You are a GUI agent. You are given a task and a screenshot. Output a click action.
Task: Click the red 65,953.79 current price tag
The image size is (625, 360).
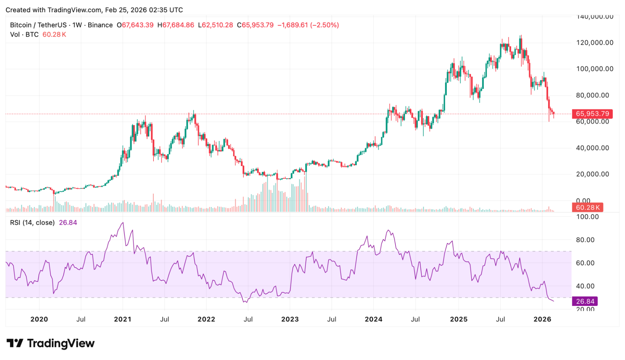[592, 114]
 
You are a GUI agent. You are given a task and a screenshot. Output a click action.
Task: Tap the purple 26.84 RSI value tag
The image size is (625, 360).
[585, 301]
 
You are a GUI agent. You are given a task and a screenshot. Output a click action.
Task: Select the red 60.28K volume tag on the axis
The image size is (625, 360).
[588, 207]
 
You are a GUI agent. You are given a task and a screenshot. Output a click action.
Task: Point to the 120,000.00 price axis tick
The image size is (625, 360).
[595, 43]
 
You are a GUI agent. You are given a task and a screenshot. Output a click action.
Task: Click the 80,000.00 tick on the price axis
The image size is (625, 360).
[592, 95]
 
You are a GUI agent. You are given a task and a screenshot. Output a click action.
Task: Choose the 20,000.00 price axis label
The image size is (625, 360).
[592, 174]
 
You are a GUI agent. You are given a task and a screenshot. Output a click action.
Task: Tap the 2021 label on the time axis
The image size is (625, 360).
[123, 319]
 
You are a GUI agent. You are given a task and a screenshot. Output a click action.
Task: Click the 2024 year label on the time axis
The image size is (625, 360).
[373, 319]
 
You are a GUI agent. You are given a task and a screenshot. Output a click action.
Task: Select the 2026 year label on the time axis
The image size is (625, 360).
[542, 319]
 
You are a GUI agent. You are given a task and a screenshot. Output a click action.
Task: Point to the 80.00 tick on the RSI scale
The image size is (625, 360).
[585, 240]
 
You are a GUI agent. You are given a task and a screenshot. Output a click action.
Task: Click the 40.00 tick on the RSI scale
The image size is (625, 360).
[585, 286]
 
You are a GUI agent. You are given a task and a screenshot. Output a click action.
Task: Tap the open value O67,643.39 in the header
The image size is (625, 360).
[135, 25]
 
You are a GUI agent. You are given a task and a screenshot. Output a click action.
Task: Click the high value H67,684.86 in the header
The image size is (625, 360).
[176, 25]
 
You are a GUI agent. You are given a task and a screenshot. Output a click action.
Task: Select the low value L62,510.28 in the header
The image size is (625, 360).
[215, 25]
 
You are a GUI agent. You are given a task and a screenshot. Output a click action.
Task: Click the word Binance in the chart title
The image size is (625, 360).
[100, 25]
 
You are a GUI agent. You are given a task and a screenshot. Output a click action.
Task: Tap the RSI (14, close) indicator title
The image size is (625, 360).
[32, 222]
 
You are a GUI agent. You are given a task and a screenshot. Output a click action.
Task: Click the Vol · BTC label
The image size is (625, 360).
[24, 34]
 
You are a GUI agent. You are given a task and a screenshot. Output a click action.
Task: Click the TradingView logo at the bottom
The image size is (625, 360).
[51, 343]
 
